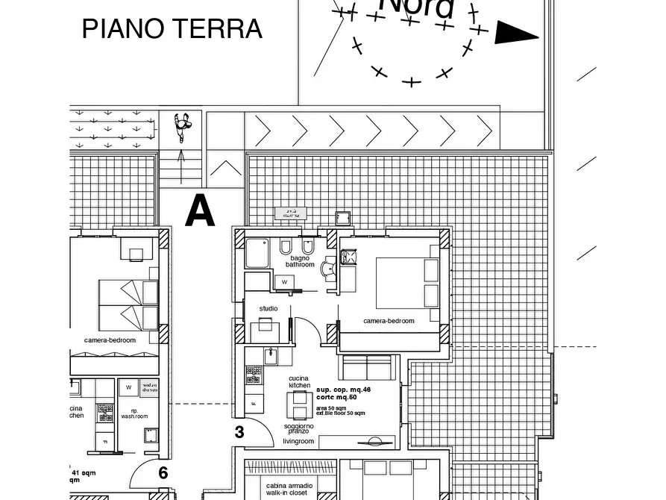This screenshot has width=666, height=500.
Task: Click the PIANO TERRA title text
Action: [x=172, y=29]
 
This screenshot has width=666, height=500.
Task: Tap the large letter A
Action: [x=200, y=211]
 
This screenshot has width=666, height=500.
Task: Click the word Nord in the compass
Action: [x=416, y=7]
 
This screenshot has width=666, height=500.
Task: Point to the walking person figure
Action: [x=182, y=126]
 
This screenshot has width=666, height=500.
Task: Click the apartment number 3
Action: [x=239, y=432]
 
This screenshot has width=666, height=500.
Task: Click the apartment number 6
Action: [x=163, y=472]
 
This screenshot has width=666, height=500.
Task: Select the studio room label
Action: [x=268, y=308]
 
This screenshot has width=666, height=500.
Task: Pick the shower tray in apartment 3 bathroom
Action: [x=257, y=254]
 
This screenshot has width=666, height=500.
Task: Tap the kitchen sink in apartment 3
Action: [x=270, y=356]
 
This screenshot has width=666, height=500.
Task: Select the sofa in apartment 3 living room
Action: [x=366, y=368]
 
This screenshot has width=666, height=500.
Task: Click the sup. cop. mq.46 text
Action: [x=343, y=390]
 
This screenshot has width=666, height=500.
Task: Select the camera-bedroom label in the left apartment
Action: [x=110, y=340]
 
